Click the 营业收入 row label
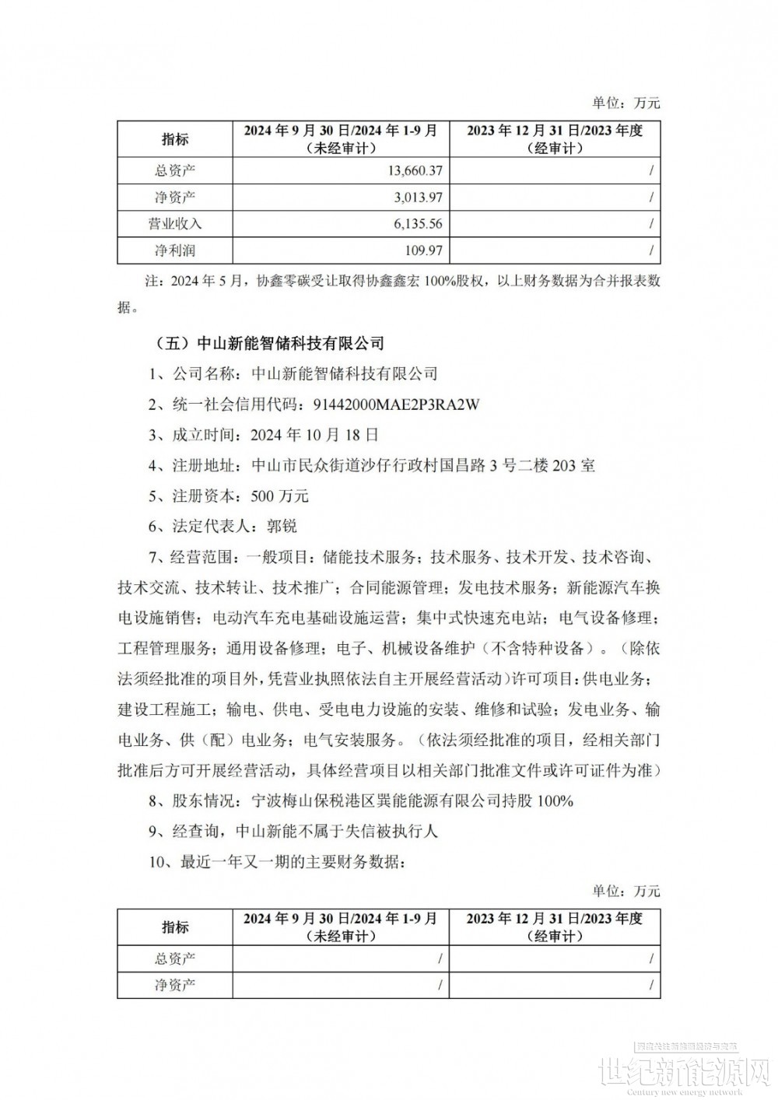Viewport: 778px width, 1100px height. coord(175,224)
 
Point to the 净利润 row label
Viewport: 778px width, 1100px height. coord(175,250)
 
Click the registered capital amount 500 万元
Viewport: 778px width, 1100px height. coord(281,496)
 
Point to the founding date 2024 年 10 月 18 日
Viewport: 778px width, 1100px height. coord(317,435)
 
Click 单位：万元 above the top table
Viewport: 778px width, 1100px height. coord(626,103)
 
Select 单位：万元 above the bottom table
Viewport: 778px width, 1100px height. coord(626,891)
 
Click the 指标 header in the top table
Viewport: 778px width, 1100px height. coord(175,140)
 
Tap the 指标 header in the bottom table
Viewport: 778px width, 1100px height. coord(175,927)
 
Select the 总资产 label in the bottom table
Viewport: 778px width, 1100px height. coord(175,958)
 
